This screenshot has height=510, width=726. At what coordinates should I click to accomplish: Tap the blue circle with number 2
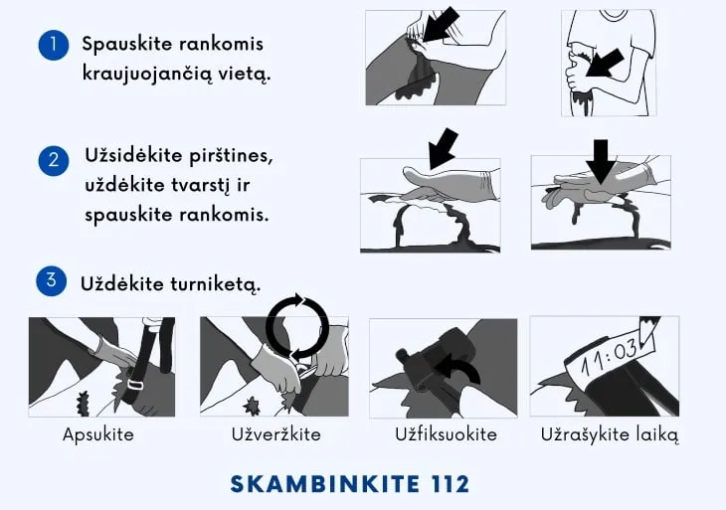pos(53,159)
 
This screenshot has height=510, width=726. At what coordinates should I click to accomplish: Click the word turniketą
pos(214,283)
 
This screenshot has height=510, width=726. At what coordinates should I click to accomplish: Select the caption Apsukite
pos(98,434)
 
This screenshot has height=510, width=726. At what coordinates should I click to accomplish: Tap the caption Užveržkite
pos(272,434)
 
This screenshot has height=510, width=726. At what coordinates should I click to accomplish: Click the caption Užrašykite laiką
pos(609,434)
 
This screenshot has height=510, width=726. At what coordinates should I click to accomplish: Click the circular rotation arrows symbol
pos(296,325)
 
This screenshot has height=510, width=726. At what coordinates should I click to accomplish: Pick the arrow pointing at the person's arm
pos(606,65)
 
